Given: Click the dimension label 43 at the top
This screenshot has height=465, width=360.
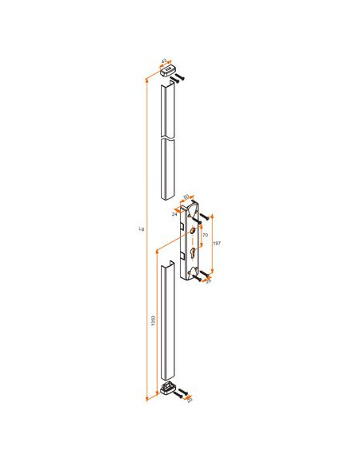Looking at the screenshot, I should pos(164,61).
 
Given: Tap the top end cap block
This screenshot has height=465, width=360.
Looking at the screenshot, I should pos(168,71).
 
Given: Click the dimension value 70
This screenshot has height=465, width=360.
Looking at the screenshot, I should pos(205,236).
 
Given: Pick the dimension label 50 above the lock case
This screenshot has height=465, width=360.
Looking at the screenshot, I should pos(186,196).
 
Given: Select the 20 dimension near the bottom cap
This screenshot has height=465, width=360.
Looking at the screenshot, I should pos(189,400).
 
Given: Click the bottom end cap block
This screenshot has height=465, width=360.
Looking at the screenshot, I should pos(168,389).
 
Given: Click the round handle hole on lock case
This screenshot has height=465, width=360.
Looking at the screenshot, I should pos(192,231).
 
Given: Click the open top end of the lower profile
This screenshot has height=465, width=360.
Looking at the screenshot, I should pos(168,263).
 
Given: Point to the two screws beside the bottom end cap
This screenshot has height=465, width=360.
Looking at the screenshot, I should pos(182,393).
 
